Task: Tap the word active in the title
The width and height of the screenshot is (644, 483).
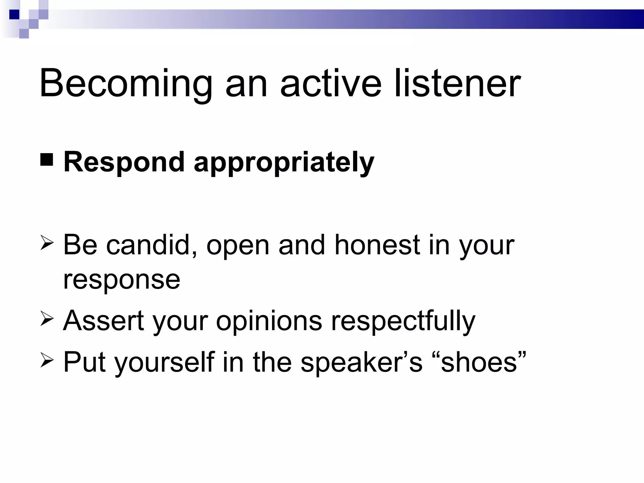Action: tap(330, 84)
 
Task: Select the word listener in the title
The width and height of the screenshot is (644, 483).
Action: tap(458, 84)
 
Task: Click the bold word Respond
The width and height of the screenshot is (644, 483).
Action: tap(124, 163)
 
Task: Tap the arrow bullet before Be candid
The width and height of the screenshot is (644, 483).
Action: tap(47, 244)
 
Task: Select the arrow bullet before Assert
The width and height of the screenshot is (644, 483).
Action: tap(47, 319)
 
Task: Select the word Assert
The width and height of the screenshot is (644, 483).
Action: tap(103, 321)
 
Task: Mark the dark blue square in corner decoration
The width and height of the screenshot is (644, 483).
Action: tap(14, 14)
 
